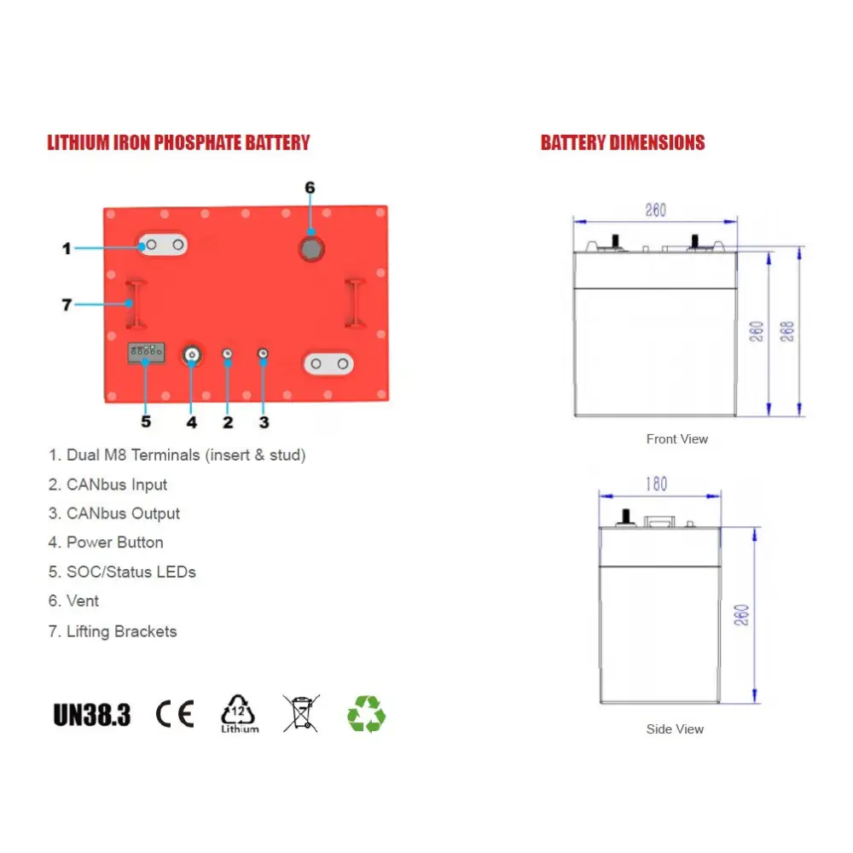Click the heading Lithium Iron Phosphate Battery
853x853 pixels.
[178, 142]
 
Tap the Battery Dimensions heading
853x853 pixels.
[623, 142]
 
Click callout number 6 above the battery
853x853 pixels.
[310, 188]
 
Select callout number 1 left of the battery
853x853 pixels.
[67, 249]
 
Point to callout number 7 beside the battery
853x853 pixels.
[67, 304]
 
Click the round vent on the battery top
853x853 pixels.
[310, 247]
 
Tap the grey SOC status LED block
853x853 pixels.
[145, 351]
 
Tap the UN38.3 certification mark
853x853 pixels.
[92, 714]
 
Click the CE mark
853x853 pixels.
[175, 713]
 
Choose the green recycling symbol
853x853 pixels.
[366, 714]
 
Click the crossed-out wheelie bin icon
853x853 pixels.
[301, 713]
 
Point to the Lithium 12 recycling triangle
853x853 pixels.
[239, 713]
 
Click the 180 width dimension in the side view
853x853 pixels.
[656, 485]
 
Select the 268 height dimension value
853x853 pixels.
[786, 330]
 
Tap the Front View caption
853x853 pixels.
[677, 439]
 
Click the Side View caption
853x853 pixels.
[675, 729]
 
